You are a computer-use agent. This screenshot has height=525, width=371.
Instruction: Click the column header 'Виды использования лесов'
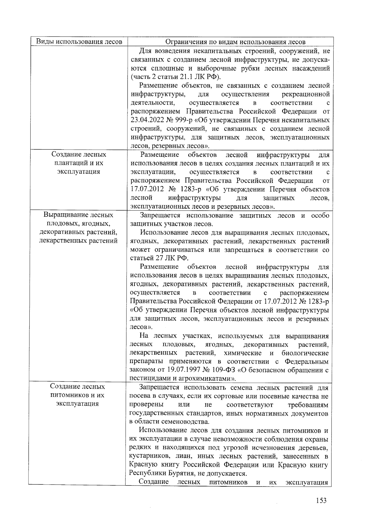79,42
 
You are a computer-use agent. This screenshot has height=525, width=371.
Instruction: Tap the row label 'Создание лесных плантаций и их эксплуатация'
79,163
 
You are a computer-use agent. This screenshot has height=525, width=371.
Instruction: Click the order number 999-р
184,120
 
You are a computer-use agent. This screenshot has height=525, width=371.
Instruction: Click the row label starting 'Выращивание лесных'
79,228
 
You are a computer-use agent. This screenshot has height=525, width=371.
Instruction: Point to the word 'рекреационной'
306,94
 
